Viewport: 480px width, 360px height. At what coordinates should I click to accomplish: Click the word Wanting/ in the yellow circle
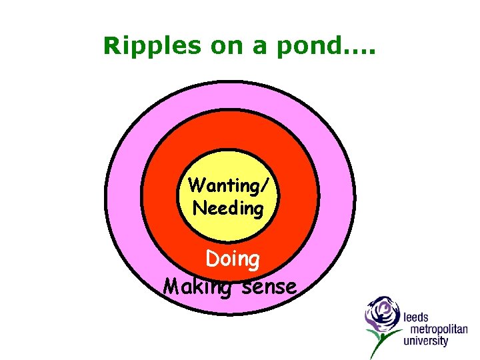[227, 185]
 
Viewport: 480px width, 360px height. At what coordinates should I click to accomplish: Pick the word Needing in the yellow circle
[228, 209]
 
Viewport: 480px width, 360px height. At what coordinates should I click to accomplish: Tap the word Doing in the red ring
[233, 259]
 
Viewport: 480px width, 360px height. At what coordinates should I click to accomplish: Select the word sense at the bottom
[269, 287]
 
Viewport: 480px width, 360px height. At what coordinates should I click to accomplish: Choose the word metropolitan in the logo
[435, 329]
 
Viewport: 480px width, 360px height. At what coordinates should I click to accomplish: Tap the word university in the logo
[426, 341]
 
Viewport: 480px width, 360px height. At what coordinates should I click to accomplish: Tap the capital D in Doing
[213, 259]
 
